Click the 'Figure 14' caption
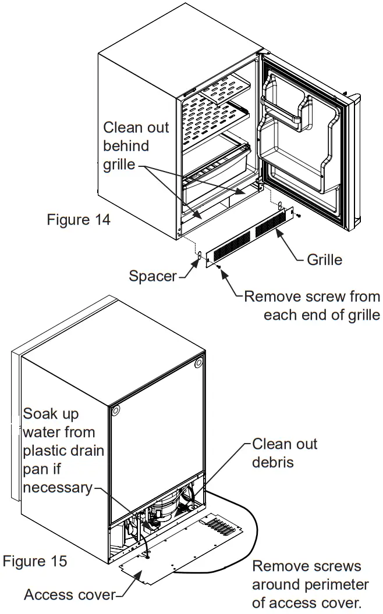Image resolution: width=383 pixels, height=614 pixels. [79, 220]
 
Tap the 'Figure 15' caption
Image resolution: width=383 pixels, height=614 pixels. [35, 561]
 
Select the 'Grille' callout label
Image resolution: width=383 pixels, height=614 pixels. [324, 259]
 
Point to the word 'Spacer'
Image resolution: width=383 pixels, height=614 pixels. [152, 276]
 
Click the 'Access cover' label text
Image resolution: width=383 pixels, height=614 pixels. [70, 595]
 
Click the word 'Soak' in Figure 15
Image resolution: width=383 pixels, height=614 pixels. [43, 415]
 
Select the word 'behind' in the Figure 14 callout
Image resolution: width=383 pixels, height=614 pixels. [126, 145]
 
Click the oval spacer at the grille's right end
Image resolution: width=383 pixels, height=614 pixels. [281, 205]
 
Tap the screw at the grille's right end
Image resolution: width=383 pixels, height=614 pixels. [297, 216]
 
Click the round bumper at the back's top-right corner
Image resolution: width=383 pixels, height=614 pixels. [199, 363]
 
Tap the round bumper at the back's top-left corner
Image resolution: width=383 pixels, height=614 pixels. [115, 409]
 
